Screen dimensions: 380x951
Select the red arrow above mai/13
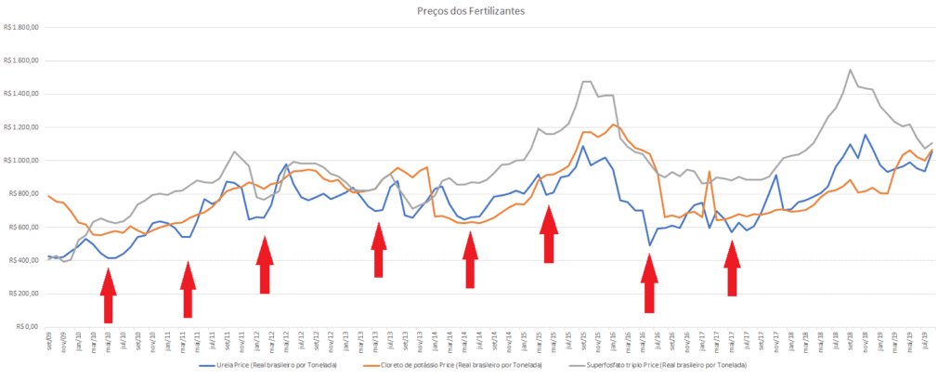click(x=379, y=250)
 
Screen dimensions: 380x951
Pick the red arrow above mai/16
click(x=649, y=282)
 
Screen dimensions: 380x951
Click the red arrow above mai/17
click(x=732, y=268)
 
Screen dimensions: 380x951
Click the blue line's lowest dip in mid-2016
click(x=650, y=245)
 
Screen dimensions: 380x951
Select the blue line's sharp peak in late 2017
click(x=775, y=176)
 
